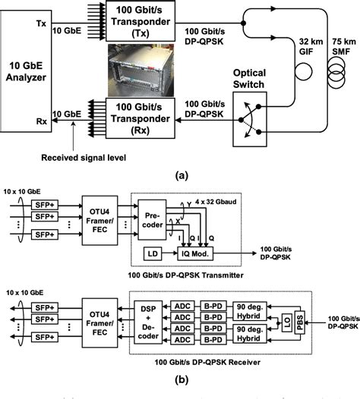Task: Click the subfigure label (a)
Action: [x=181, y=174]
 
